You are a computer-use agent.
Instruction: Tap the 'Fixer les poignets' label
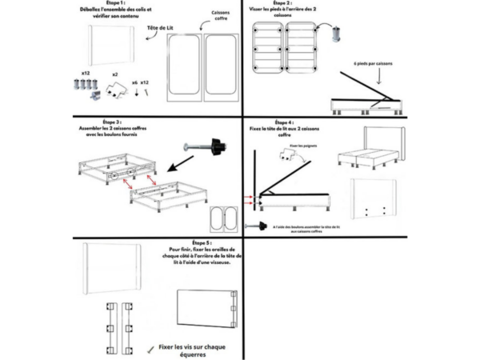pyautogui.click(x=305, y=146)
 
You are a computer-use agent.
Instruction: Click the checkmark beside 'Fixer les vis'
pyautogui.click(x=151, y=350)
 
